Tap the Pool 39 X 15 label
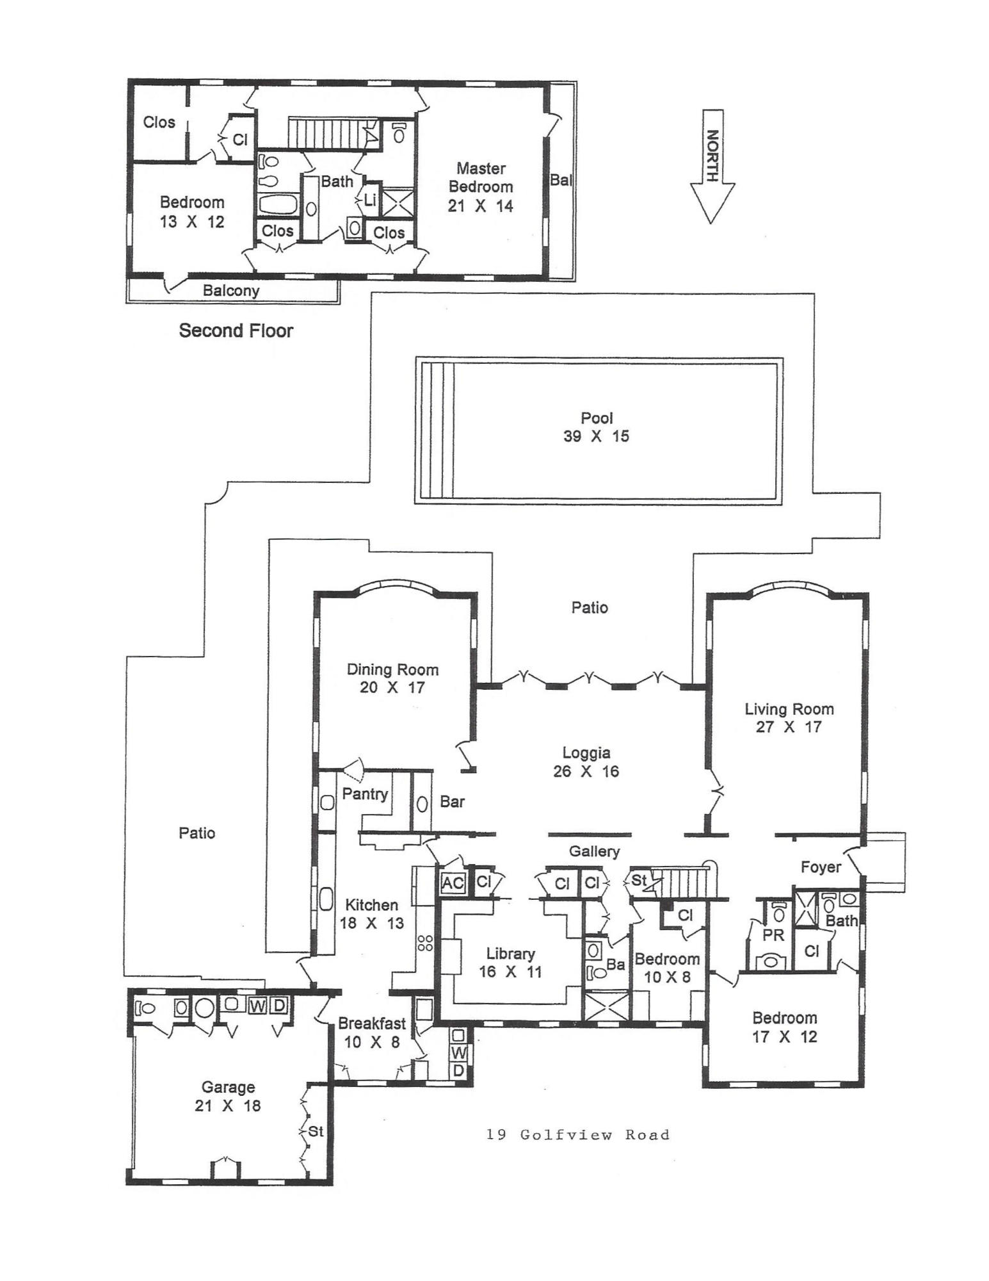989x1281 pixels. pyautogui.click(x=596, y=427)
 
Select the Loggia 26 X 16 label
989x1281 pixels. pyautogui.click(x=586, y=762)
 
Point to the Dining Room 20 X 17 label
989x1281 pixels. pyautogui.click(x=392, y=678)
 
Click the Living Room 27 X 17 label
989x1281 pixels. pyautogui.click(x=789, y=717)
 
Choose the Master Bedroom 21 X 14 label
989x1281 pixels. pyautogui.click(x=481, y=187)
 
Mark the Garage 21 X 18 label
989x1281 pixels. pyautogui.click(x=228, y=1096)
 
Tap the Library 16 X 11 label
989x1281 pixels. pyautogui.click(x=510, y=962)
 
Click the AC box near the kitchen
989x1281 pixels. pyautogui.click(x=453, y=883)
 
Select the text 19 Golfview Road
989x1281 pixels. pyautogui.click(x=577, y=1135)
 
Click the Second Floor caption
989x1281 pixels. pyautogui.click(x=236, y=330)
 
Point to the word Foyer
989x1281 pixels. pyautogui.click(x=820, y=867)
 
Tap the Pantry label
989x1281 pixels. pyautogui.click(x=365, y=794)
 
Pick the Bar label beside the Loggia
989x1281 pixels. pyautogui.click(x=452, y=801)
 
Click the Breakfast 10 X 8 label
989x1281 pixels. pyautogui.click(x=372, y=1032)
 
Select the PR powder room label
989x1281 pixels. pyautogui.click(x=773, y=934)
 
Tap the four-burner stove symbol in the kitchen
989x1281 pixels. pyautogui.click(x=425, y=943)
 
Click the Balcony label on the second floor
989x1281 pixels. pyautogui.click(x=231, y=290)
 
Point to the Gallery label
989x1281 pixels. pyautogui.click(x=594, y=851)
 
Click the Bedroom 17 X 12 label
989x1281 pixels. pyautogui.click(x=784, y=1027)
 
